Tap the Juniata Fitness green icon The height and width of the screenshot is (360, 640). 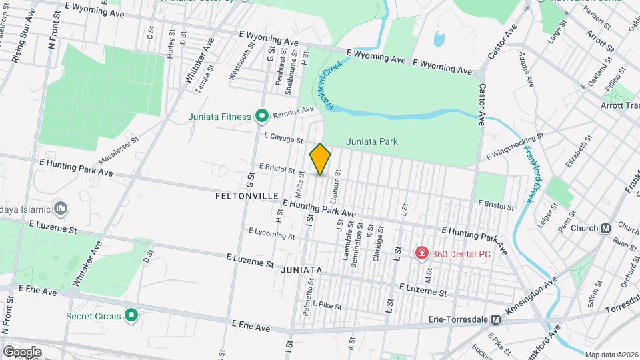tap(262, 117)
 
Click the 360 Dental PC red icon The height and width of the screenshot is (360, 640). tap(421, 253)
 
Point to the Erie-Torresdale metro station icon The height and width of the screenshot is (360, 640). tap(495, 320)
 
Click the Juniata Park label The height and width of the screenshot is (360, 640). tap(372, 141)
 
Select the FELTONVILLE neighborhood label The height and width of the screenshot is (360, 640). tap(247, 197)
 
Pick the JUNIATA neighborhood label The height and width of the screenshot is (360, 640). tap(301, 270)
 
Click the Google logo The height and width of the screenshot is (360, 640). tap(21, 351)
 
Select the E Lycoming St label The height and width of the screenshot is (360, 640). tap(271, 233)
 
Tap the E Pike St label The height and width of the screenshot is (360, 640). tap(327, 306)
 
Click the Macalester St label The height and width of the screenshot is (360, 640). tap(117, 151)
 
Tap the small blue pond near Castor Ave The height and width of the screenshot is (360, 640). tap(439, 39)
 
